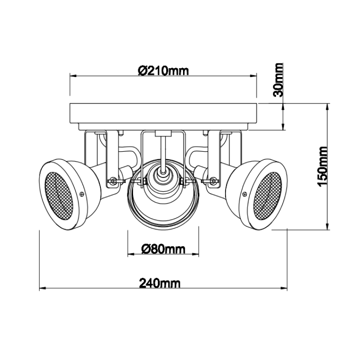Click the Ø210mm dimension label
163,71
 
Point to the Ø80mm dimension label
163,249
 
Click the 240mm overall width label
160,283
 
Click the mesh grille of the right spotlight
268,196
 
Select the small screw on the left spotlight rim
82,194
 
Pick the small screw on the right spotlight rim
245,194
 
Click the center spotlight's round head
163,194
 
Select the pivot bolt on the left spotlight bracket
113,180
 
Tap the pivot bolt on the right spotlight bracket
213,180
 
